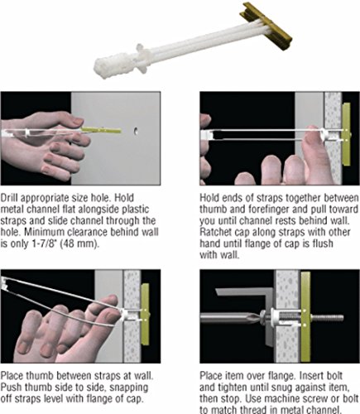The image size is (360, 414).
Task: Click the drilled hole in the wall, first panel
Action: pos(136,132)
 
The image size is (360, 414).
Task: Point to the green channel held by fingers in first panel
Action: pos(101,130)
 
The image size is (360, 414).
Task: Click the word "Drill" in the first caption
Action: pos(10,198)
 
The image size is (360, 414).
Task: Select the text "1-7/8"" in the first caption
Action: pos(41,244)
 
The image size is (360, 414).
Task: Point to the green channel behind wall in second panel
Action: pos(346,134)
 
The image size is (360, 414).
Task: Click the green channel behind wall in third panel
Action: pos(145,314)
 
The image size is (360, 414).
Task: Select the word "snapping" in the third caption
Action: pos(129,388)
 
